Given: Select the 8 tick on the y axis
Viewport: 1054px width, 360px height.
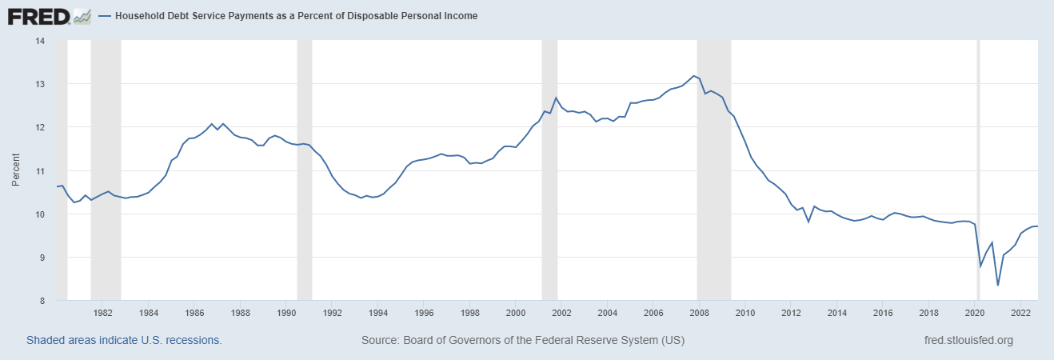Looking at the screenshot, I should click(x=40, y=301).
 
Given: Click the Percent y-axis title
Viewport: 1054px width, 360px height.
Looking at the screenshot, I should click(x=15, y=170).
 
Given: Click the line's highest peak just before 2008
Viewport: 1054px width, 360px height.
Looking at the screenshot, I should click(x=693, y=76).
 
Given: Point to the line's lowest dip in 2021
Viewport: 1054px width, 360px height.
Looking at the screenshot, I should click(x=997, y=285).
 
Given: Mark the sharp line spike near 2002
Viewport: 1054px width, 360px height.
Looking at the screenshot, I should click(x=555, y=98).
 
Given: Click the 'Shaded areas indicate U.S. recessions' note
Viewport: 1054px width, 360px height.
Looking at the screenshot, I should click(x=124, y=340).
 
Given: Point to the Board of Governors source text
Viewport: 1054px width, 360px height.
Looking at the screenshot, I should click(x=523, y=340).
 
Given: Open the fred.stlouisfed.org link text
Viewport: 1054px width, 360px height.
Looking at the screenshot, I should click(x=968, y=340).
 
